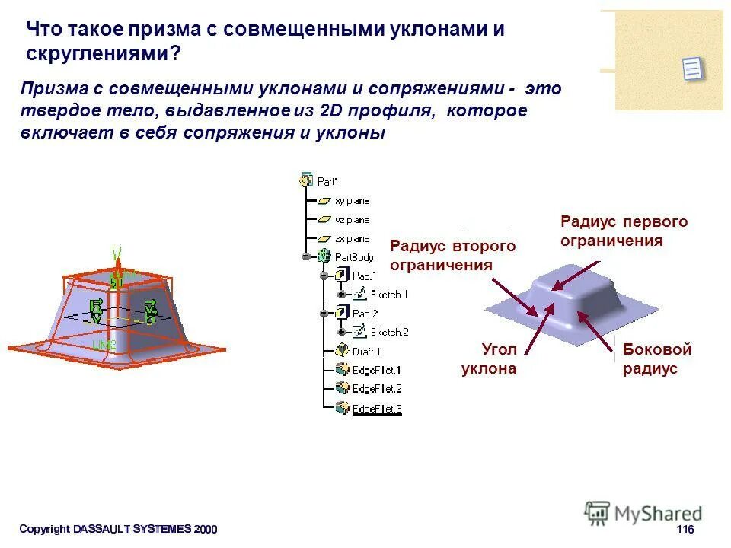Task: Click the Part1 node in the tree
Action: pos(327,182)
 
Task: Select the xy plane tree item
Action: pos(352,201)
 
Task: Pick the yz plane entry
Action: pos(352,220)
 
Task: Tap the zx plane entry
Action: pos(352,239)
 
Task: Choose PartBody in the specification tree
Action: pos(354,257)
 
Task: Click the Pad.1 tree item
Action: pos(365,276)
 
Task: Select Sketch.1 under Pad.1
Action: pos(388,295)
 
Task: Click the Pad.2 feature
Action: pos(365,313)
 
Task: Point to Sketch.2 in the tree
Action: pos(389,332)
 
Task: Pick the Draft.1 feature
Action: pos(366,352)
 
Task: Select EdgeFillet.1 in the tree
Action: pos(376,370)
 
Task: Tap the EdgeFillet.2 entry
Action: pos(376,389)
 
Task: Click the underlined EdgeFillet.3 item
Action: pos(376,409)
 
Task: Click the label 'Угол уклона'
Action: pos(489,359)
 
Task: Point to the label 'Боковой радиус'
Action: pos(657,359)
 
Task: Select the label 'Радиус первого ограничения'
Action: pos(624,231)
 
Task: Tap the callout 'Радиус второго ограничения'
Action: pos(452,256)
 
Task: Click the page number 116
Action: pos(685,530)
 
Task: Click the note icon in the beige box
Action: pos(692,68)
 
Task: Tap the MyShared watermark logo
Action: pos(643,513)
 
